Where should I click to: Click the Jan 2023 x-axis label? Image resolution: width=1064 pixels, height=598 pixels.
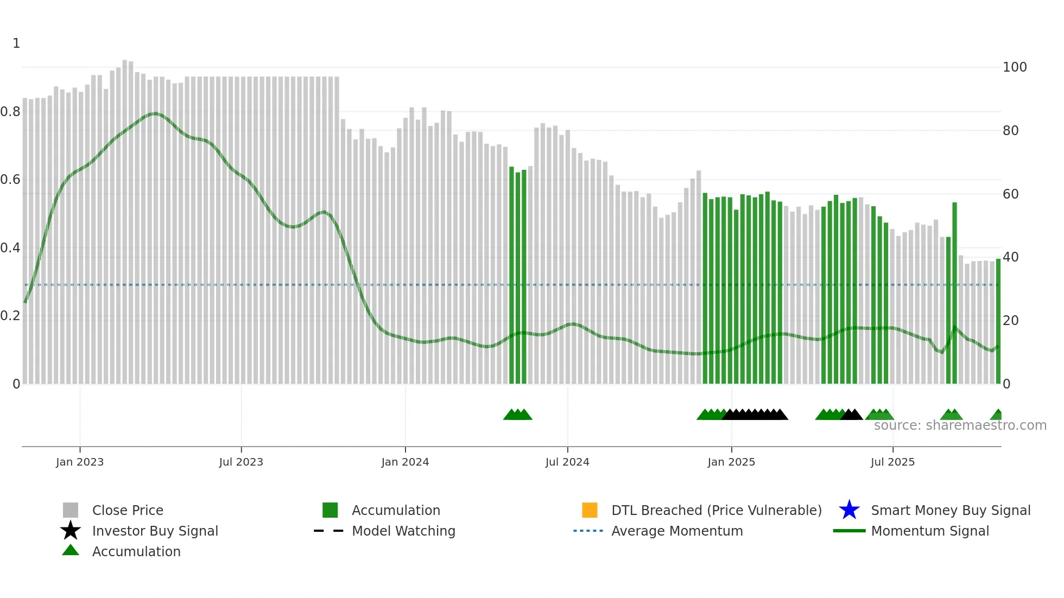pyautogui.click(x=79, y=462)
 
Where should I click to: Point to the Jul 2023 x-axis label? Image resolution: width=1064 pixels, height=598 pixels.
pyautogui.click(x=241, y=462)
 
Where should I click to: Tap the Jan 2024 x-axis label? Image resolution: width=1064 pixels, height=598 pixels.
pyautogui.click(x=405, y=462)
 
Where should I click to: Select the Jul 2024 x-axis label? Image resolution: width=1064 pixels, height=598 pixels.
pyautogui.click(x=567, y=462)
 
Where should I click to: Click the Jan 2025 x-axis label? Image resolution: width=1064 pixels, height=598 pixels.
pyautogui.click(x=731, y=462)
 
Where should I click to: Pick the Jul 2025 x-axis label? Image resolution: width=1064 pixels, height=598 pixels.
pyautogui.click(x=892, y=462)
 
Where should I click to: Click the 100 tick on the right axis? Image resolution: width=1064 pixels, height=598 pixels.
pyautogui.click(x=1015, y=67)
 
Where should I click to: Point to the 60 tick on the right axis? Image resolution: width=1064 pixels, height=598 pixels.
pyautogui.click(x=1011, y=194)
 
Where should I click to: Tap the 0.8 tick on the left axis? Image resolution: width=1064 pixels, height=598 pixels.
pyautogui.click(x=10, y=112)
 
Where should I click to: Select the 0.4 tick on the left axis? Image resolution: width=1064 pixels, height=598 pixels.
pyautogui.click(x=10, y=248)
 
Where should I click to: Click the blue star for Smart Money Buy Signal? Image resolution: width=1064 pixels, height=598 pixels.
pyautogui.click(x=849, y=510)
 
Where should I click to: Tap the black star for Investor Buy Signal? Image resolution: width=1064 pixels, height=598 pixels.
pyautogui.click(x=71, y=531)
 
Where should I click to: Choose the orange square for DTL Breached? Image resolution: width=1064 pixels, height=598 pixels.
pyautogui.click(x=590, y=510)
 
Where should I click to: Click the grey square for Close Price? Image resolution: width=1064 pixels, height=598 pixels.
pyautogui.click(x=71, y=510)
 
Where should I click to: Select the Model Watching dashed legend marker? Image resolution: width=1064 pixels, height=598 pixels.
pyautogui.click(x=329, y=531)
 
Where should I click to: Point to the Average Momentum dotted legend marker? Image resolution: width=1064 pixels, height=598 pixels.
pyautogui.click(x=588, y=531)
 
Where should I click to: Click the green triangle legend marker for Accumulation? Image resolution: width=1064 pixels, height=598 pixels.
pyautogui.click(x=71, y=551)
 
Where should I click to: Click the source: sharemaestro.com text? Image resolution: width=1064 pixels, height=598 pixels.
pyautogui.click(x=960, y=425)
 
